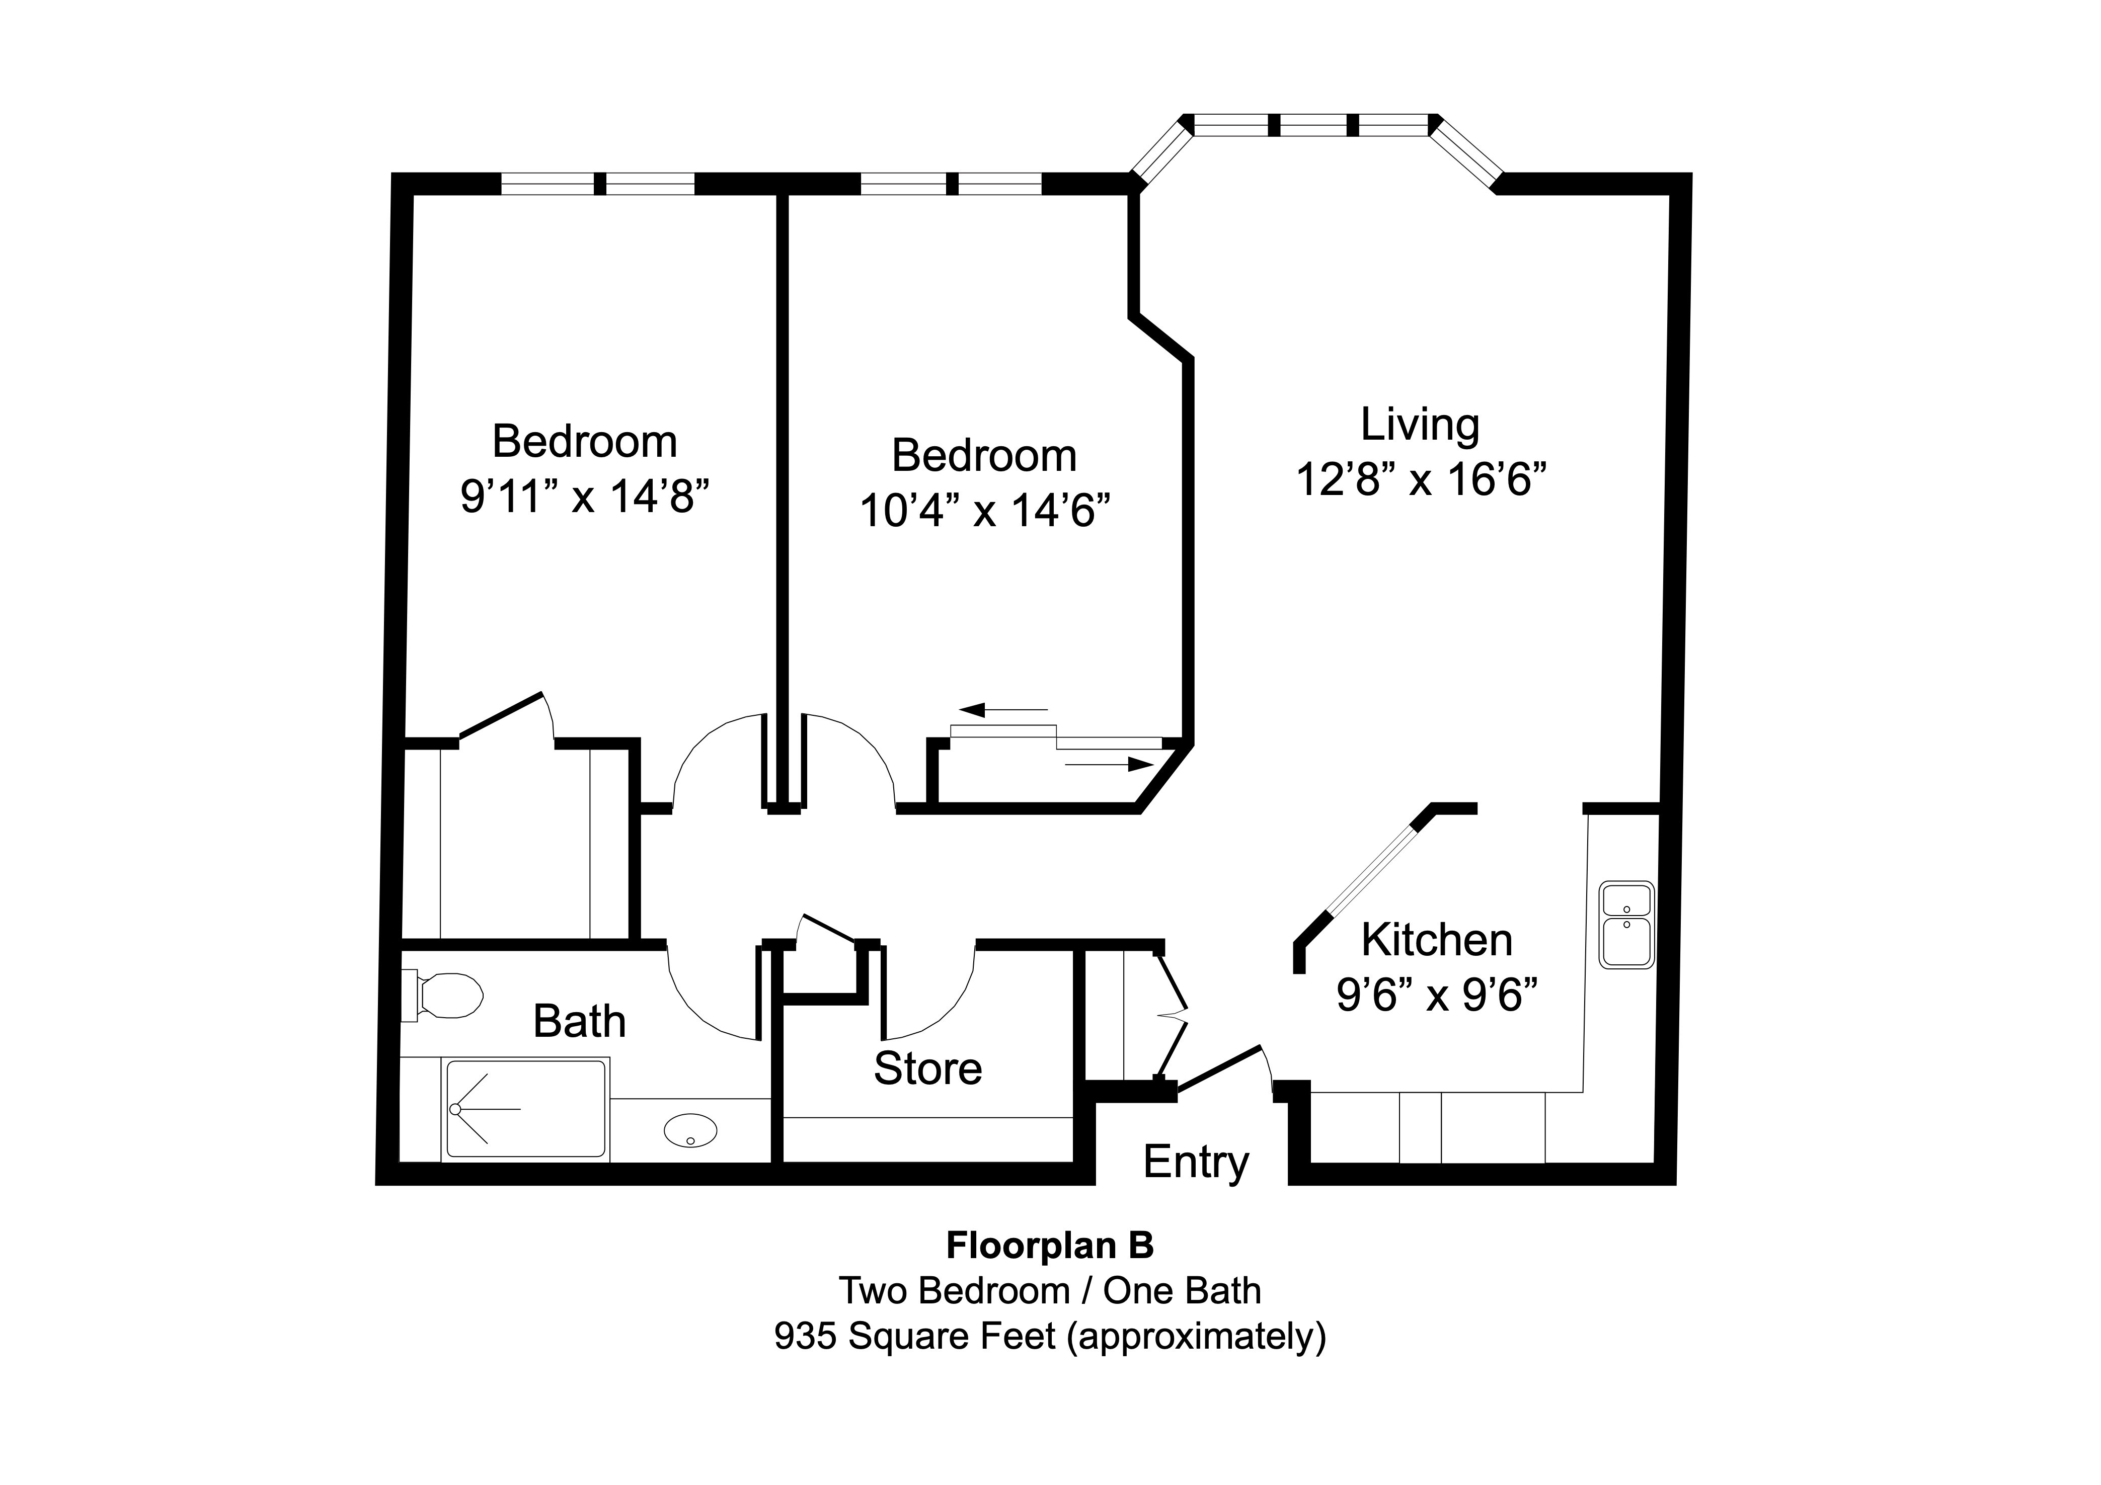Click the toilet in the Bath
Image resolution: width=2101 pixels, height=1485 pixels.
click(446, 996)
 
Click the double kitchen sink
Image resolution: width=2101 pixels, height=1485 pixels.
click(1626, 925)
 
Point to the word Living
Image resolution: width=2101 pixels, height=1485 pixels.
click(1419, 425)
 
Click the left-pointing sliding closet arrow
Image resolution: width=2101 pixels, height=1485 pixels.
click(1002, 710)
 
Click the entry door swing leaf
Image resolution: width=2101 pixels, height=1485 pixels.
click(1220, 1068)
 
